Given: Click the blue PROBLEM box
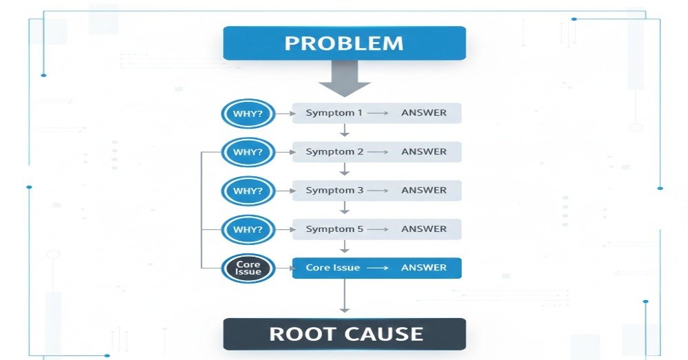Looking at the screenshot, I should click(x=344, y=43).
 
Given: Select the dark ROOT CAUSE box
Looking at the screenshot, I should click(x=344, y=335).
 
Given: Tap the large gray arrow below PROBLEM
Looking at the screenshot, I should click(x=344, y=78).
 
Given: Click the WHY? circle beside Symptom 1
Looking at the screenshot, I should click(x=248, y=113).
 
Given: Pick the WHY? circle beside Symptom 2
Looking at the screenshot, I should click(x=248, y=152).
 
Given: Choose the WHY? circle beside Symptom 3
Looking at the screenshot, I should click(x=248, y=191).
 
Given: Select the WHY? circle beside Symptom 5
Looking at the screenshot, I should click(x=248, y=229).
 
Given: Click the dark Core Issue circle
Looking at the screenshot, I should click(x=248, y=268).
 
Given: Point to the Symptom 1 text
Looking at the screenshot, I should click(x=334, y=113).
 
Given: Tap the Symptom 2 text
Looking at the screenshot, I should click(x=334, y=152).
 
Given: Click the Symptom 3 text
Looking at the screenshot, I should click(x=334, y=191).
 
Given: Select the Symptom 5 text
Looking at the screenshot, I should click(x=334, y=229).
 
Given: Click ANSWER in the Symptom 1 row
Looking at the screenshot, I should click(x=424, y=113).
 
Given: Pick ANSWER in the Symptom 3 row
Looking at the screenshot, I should click(x=424, y=191).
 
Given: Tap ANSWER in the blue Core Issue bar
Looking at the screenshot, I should click(x=424, y=268).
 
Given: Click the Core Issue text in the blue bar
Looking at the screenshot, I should click(x=333, y=268).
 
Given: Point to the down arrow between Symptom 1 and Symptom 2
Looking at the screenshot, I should click(x=344, y=131).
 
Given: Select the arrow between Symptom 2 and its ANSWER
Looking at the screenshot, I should click(x=378, y=152).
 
